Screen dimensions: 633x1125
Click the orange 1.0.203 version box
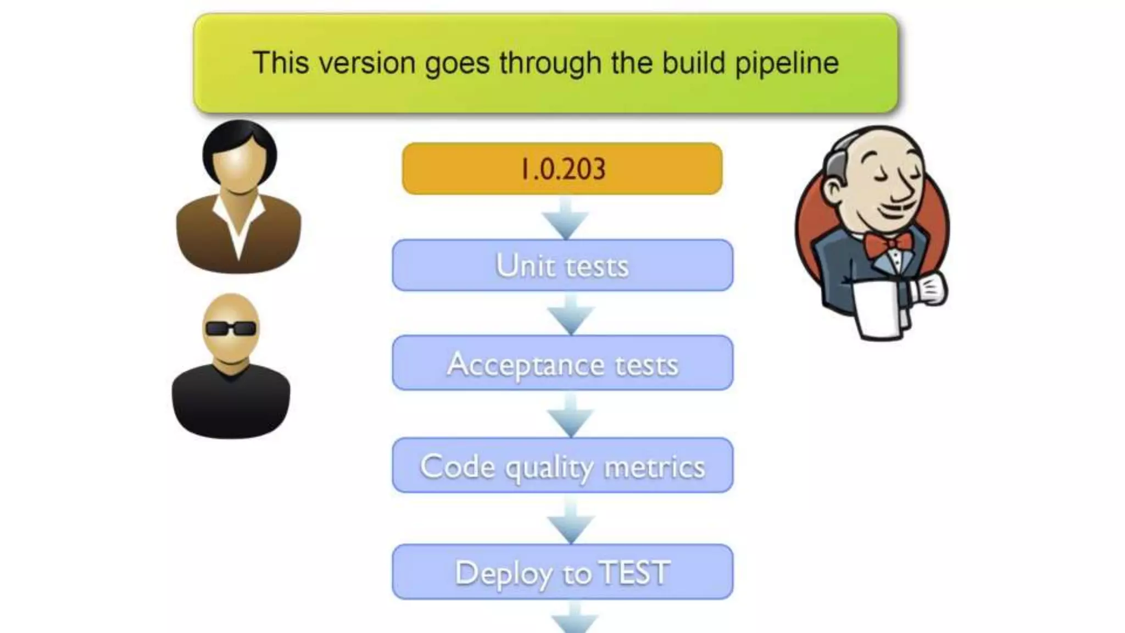562,168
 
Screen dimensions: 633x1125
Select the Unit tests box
562,265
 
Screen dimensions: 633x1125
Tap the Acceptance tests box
562,363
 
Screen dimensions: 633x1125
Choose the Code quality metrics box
562,465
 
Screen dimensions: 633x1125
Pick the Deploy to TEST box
562,571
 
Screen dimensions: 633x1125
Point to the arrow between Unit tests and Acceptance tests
571,315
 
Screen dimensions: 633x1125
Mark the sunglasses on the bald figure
231,329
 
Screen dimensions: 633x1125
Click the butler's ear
834,190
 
